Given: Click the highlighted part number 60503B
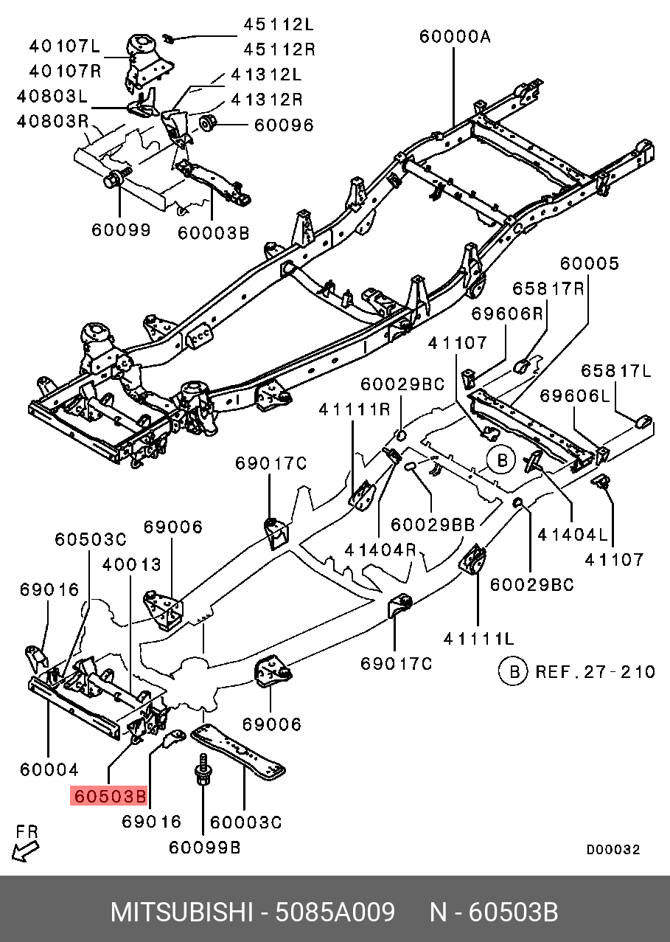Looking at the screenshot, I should click(x=109, y=797).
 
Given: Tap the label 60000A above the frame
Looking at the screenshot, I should click(x=455, y=36).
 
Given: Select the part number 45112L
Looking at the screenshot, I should click(x=279, y=24).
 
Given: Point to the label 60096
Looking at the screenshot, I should click(x=284, y=125).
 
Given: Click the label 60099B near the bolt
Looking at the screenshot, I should click(x=205, y=848).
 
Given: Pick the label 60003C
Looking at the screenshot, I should click(x=246, y=822).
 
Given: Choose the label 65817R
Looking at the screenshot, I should click(x=548, y=288).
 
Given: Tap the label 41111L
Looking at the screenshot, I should click(x=479, y=638).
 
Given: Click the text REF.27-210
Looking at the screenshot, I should click(x=595, y=672).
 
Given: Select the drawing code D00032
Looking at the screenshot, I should click(x=613, y=850).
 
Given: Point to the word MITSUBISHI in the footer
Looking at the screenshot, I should click(x=181, y=912).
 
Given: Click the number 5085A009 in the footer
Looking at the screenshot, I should click(x=335, y=912).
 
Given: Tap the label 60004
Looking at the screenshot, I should click(x=49, y=769).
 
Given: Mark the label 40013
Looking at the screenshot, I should click(x=132, y=565).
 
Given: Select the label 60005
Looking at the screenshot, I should click(x=589, y=263).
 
